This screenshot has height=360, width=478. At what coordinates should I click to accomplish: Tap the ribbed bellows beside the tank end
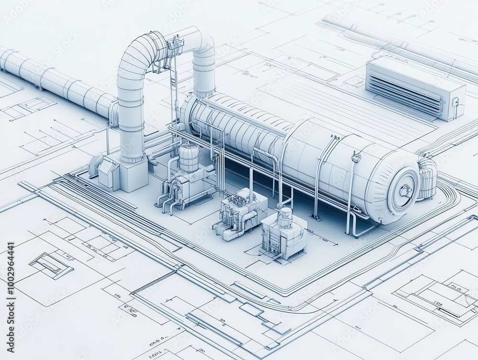tap(428, 178)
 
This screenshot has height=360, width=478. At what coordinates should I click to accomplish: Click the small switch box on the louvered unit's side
tap(456, 102)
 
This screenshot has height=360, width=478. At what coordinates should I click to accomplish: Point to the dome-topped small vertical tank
tap(188, 157)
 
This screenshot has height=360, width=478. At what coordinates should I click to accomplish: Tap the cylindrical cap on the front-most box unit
tap(285, 214)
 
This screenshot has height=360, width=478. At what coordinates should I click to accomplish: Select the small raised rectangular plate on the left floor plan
tap(51, 264)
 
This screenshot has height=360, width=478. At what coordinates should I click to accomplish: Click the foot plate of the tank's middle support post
tap(315, 217)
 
